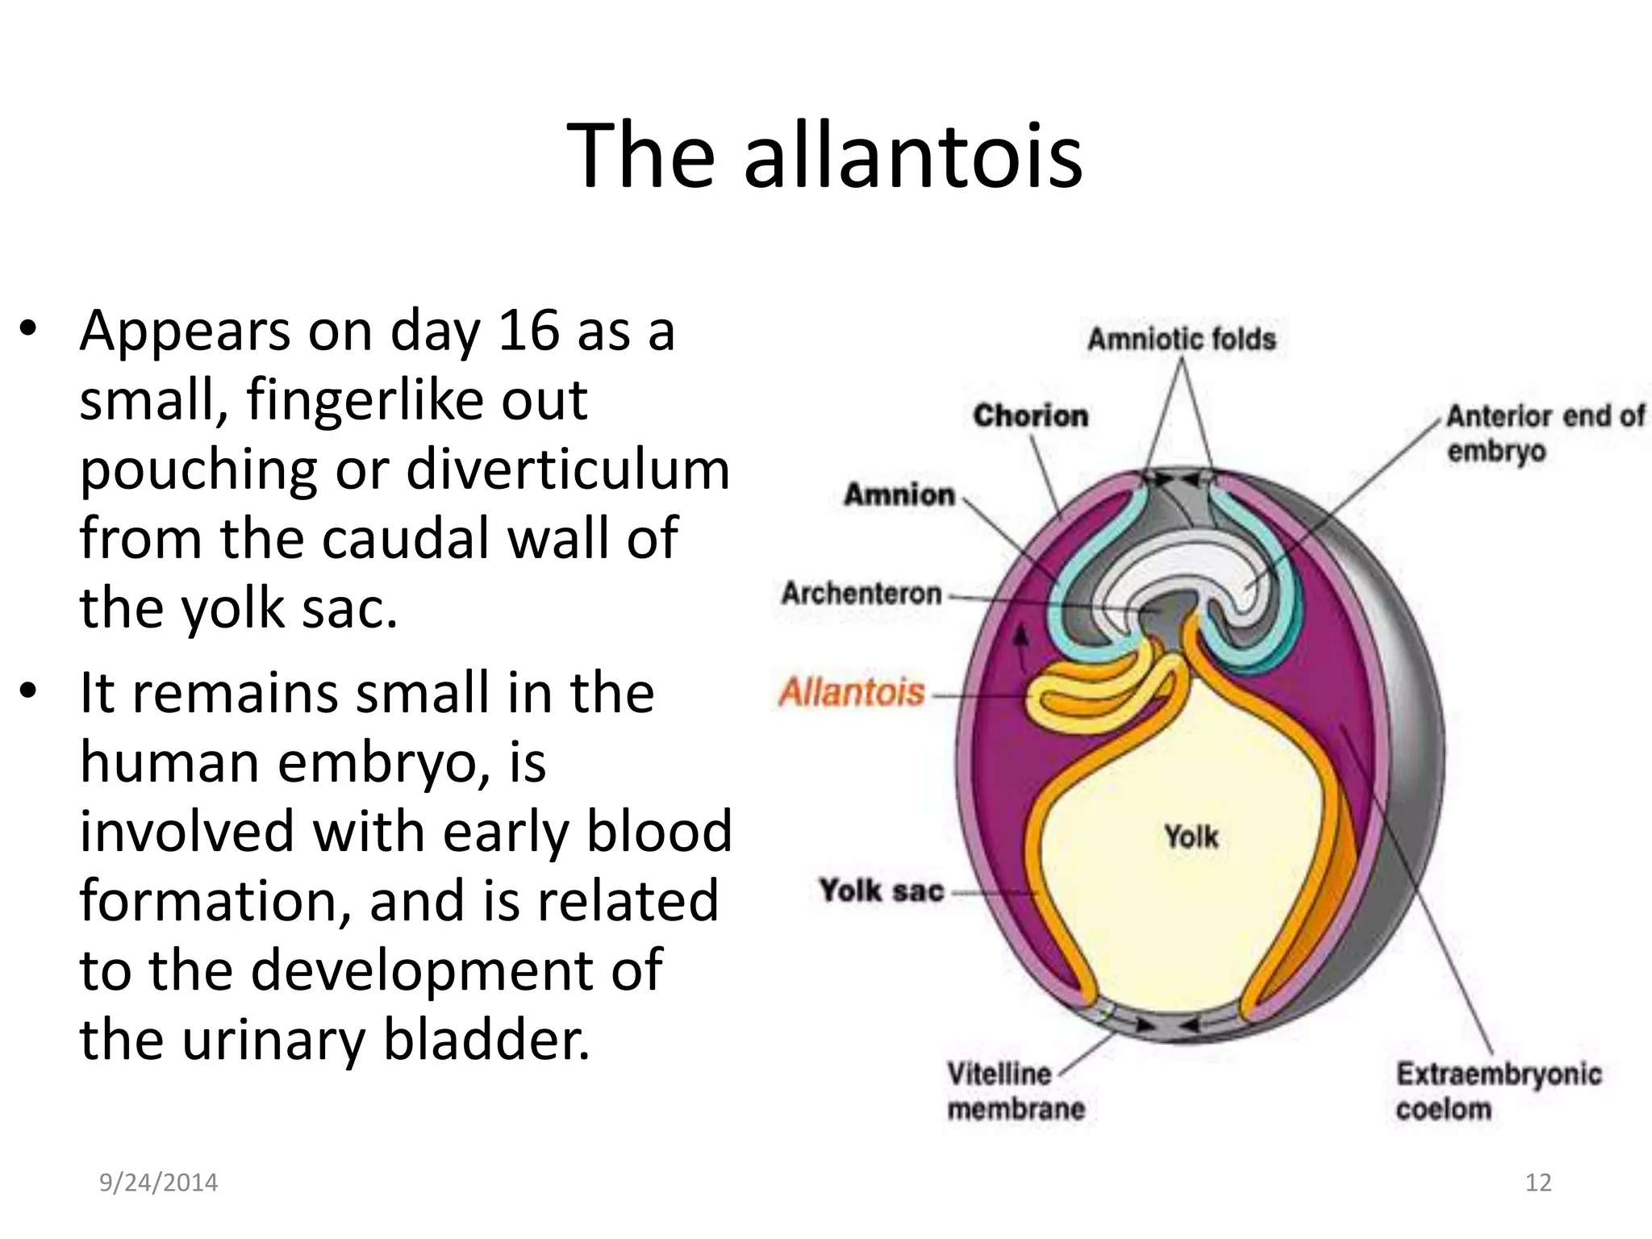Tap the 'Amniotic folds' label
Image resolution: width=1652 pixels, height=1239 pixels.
tap(1181, 340)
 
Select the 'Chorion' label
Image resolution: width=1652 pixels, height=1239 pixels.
tap(1030, 416)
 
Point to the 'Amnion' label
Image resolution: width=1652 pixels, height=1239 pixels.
tap(899, 494)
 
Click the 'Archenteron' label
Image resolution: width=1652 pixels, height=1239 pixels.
tap(861, 594)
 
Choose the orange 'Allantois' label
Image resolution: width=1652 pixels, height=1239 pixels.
tap(852, 693)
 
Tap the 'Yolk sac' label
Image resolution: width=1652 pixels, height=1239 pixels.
tap(881, 891)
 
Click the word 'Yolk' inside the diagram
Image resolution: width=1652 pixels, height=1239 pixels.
tap(1191, 836)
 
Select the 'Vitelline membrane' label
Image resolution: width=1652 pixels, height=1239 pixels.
tap(1016, 1091)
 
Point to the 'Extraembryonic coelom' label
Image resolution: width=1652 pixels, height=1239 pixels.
tap(1498, 1091)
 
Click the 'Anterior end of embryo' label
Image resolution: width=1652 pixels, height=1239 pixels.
tap(1544, 433)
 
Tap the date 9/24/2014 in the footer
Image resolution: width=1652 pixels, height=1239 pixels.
tap(158, 1183)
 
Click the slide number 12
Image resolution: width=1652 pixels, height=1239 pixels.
tap(1538, 1183)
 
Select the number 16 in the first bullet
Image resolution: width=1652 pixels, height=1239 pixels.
tap(528, 331)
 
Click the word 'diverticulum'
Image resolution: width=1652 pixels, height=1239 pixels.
tap(568, 469)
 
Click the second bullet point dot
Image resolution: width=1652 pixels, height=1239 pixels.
tap(29, 692)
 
